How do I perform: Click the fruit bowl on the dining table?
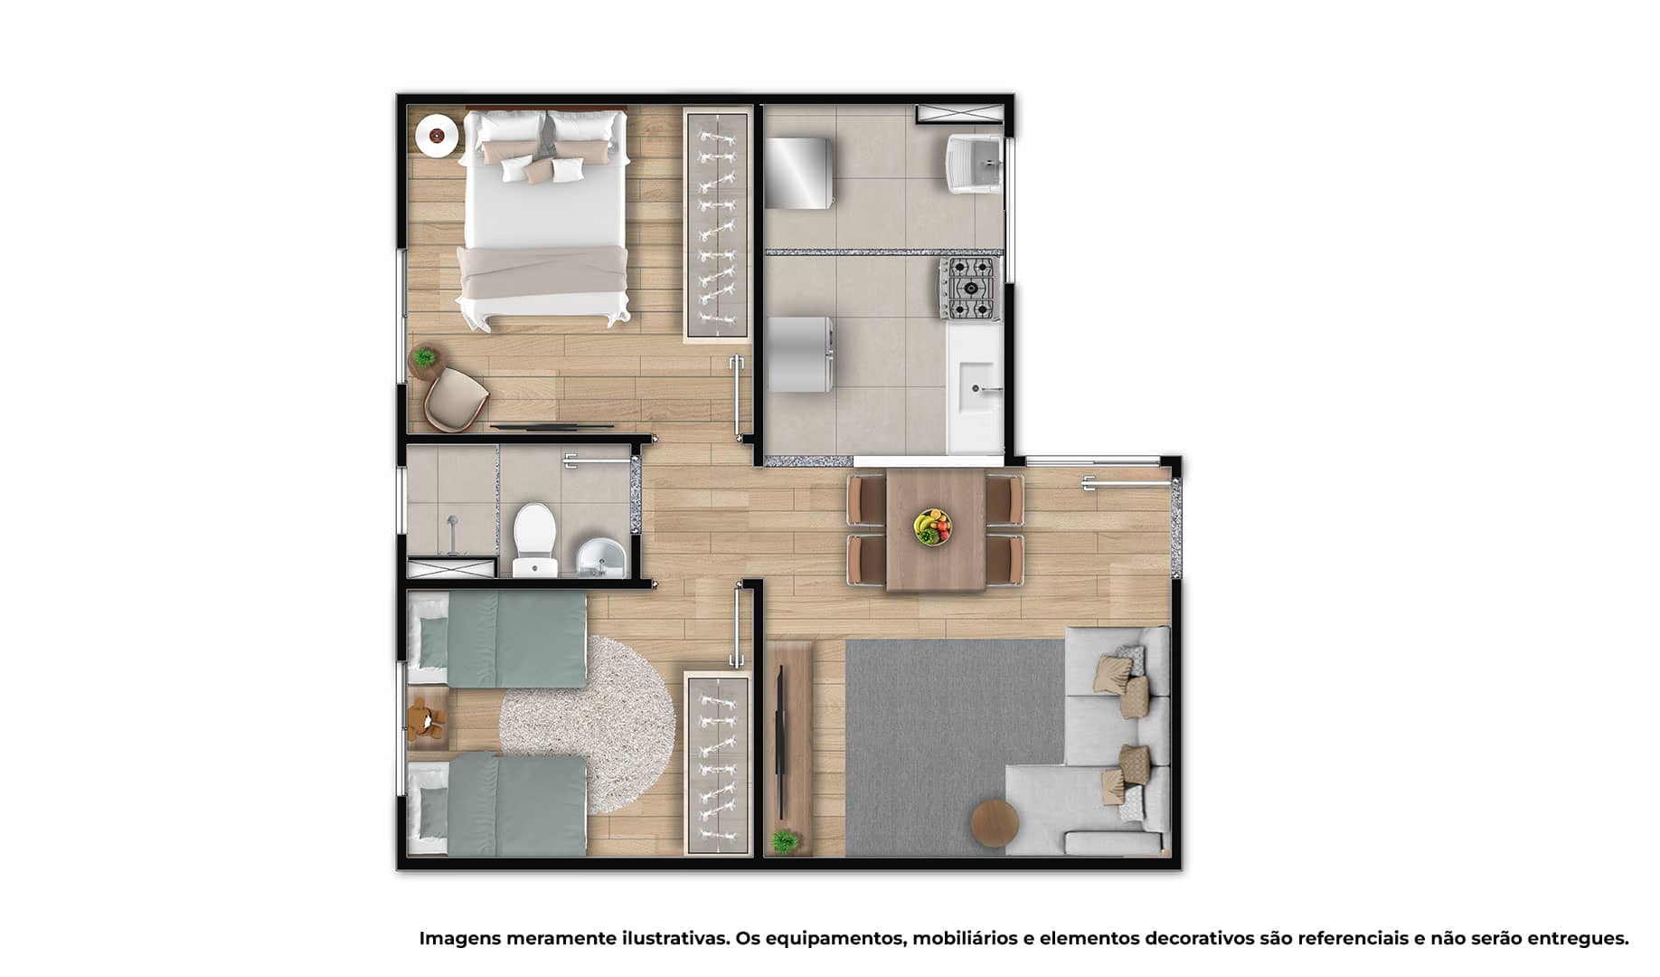[x=932, y=526]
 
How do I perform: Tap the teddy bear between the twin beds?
[x=425, y=720]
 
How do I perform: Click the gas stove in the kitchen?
[x=970, y=289]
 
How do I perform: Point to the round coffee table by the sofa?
[x=995, y=823]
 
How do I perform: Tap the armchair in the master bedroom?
[x=455, y=401]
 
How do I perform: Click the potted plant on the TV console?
[x=785, y=842]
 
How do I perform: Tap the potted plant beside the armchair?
[x=424, y=358]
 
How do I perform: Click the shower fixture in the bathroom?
[x=451, y=534]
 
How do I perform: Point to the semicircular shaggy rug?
[x=588, y=724]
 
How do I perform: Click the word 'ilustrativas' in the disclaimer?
[x=675, y=938]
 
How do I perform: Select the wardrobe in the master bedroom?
[x=717, y=224]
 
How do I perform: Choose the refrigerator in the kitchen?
[x=800, y=355]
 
